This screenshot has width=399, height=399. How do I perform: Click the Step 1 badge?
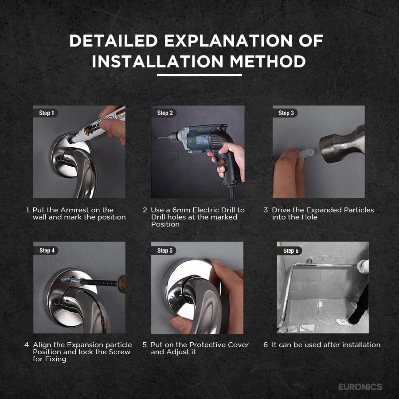[46, 113]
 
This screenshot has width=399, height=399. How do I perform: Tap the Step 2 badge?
[164, 113]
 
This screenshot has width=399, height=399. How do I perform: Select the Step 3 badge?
[285, 113]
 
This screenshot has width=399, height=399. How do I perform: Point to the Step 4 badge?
[46, 250]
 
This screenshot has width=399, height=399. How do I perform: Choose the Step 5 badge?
[164, 250]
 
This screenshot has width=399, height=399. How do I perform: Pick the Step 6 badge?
[290, 250]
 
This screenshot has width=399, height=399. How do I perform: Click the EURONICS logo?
[360, 387]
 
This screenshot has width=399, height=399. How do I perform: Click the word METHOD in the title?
[268, 62]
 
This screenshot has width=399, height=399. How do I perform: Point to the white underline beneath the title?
[199, 75]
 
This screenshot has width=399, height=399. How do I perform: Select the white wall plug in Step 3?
[306, 153]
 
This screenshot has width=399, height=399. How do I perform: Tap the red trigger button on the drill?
[223, 161]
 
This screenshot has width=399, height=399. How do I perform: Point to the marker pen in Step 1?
[98, 125]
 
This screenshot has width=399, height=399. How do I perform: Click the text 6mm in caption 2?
[181, 210]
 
